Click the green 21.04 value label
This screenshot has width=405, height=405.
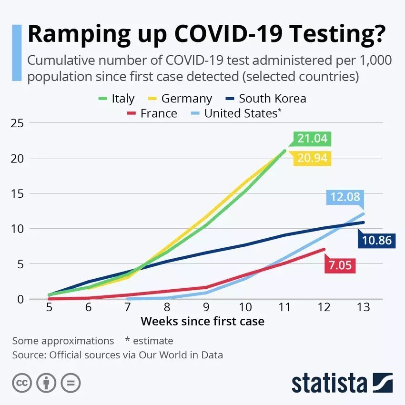[312, 139]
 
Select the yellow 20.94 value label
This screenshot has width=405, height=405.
[312, 158]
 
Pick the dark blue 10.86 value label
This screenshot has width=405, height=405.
[376, 240]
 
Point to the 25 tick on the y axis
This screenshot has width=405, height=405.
[17, 123]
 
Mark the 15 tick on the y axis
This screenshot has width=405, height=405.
[17, 193]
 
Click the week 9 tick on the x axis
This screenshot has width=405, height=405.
[206, 308]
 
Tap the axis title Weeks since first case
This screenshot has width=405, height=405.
[202, 321]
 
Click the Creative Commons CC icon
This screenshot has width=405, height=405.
[22, 383]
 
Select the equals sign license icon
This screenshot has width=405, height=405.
[71, 383]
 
